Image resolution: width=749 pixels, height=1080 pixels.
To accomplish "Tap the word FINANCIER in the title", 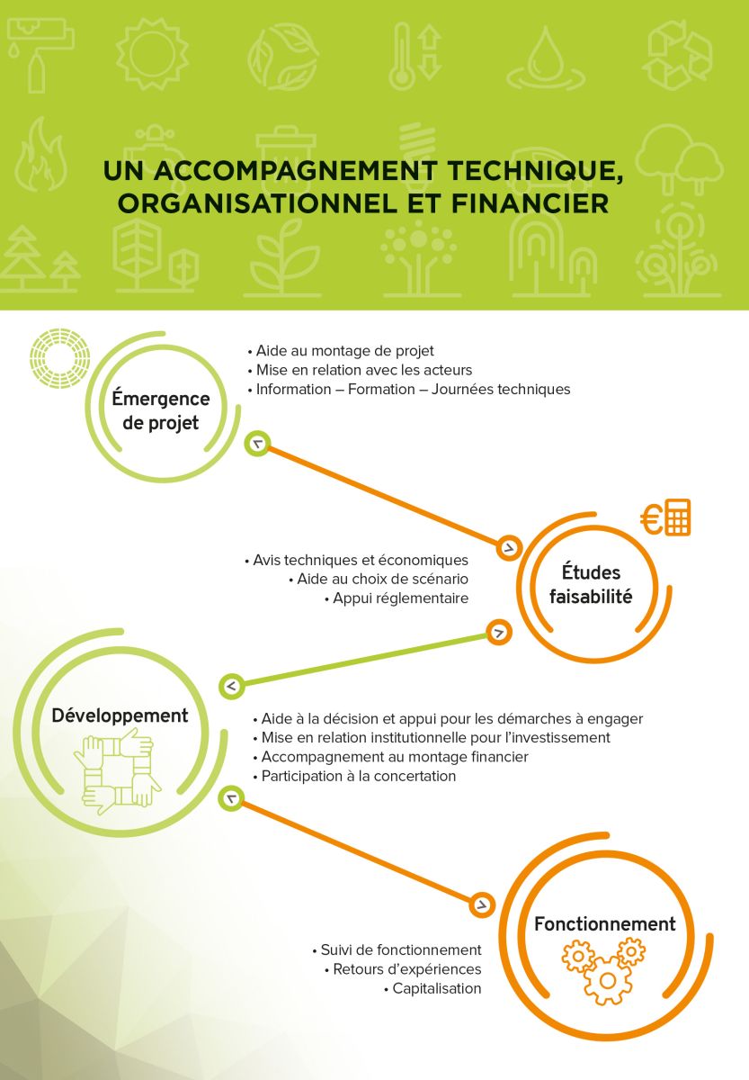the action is (x=530, y=203).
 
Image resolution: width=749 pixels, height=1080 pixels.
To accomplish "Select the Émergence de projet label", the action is (x=161, y=410).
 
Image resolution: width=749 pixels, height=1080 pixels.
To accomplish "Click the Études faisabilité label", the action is (x=591, y=584).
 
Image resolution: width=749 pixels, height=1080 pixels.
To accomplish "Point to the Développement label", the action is (x=120, y=715).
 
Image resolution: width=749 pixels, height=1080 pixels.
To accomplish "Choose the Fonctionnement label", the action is (x=605, y=923).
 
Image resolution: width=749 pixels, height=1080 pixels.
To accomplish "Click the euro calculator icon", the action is (x=665, y=517).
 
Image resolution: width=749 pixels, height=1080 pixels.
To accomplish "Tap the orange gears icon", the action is (x=603, y=970).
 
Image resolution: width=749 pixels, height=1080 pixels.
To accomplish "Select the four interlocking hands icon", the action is (x=117, y=772).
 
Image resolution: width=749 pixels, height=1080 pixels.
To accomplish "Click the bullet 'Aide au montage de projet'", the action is (x=341, y=351).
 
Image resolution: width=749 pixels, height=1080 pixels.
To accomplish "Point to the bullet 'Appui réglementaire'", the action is (x=397, y=598).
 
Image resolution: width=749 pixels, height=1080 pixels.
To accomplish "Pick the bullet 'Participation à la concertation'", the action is (x=354, y=776).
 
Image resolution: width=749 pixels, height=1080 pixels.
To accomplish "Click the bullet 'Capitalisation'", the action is (x=433, y=988).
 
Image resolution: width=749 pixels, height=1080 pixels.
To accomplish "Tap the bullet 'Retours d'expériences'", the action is (x=403, y=969).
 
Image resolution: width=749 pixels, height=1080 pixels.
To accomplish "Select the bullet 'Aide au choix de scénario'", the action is (x=379, y=579).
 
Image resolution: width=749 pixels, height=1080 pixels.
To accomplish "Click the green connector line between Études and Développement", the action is (x=365, y=659).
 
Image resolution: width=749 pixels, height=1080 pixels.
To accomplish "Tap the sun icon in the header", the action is (x=152, y=54).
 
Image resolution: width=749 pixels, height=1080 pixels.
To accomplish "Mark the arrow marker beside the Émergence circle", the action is (x=258, y=444).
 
